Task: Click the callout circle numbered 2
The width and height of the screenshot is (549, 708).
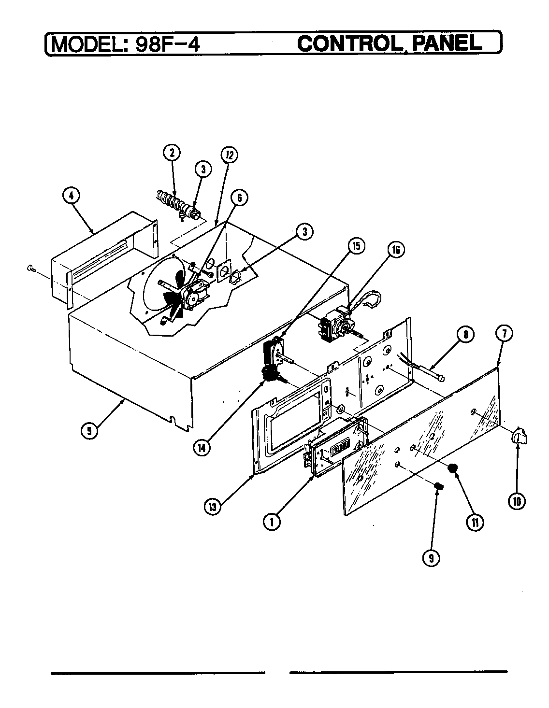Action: pos(171,153)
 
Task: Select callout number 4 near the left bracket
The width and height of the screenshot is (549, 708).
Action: pos(71,196)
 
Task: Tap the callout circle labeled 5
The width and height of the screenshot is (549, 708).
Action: pos(89,430)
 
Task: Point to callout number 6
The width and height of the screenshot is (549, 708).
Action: pos(239,197)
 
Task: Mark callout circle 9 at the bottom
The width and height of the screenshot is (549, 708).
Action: pos(431,558)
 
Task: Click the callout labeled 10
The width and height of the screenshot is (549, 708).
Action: pos(517,501)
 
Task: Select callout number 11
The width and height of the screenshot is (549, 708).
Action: pos(476,522)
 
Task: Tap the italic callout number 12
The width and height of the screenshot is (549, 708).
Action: pos(229,155)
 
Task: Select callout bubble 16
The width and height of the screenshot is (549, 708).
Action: pos(395,250)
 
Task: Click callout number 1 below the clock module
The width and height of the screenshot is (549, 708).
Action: pos(272,522)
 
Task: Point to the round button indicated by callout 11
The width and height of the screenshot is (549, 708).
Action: pos(453,467)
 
